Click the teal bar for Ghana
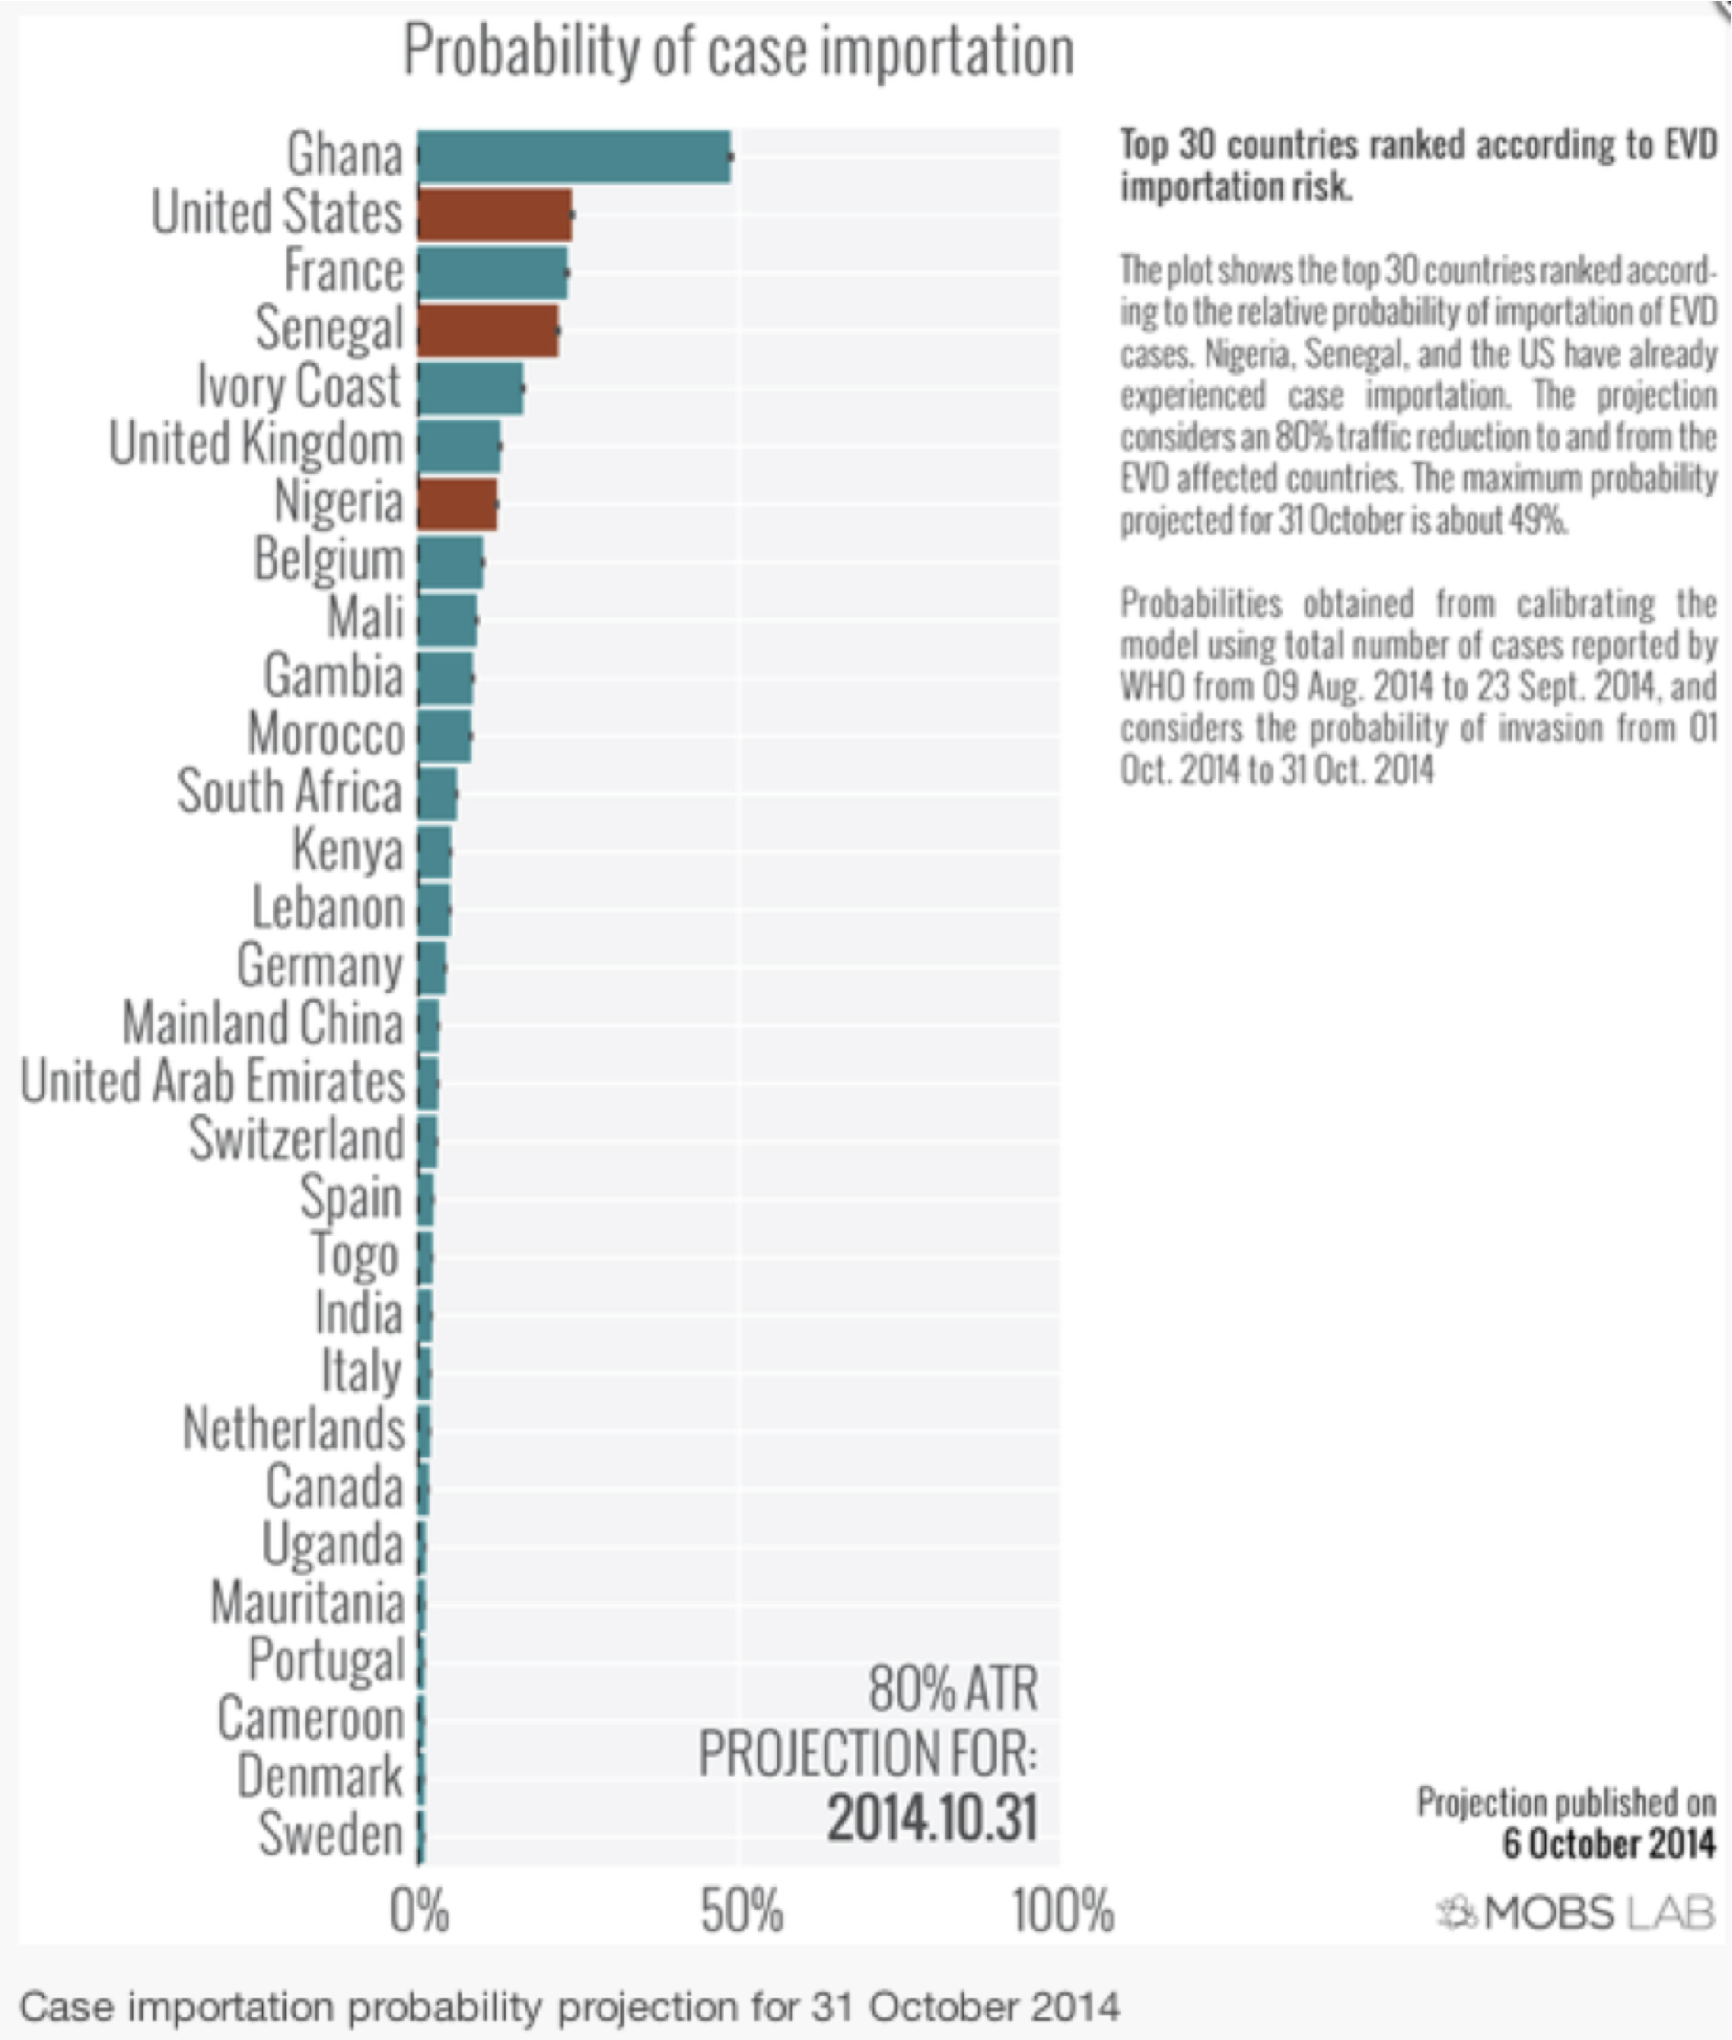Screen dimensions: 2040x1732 [574, 156]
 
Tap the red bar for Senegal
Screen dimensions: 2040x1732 [487, 330]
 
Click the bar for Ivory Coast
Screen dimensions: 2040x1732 [469, 388]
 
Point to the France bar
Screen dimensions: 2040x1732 [492, 272]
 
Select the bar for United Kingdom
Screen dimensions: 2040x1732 [458, 446]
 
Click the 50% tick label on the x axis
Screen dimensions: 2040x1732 [741, 1912]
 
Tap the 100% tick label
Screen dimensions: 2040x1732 [1062, 1912]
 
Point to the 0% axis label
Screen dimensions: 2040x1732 [420, 1912]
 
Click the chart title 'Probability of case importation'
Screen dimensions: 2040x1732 [739, 51]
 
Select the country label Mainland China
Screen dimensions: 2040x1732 [262, 1023]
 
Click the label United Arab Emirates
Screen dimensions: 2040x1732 [212, 1081]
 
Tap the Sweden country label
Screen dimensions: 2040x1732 [330, 1835]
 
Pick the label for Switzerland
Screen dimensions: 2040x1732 [297, 1140]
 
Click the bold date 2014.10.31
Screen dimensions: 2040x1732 [931, 1818]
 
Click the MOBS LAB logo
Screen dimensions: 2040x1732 [1577, 1913]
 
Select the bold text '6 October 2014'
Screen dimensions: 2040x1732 [1608, 1844]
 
